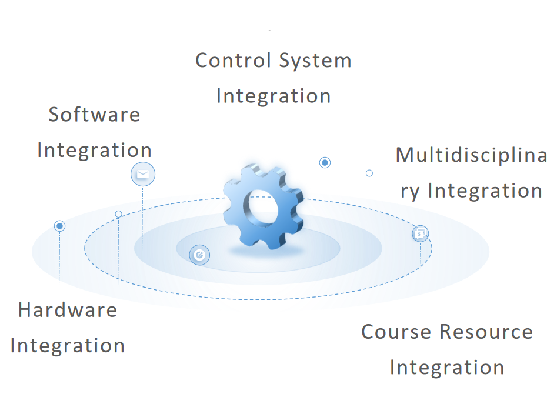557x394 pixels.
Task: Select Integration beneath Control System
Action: (x=274, y=95)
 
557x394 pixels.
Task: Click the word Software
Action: (x=94, y=114)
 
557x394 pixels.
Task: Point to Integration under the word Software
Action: (x=94, y=150)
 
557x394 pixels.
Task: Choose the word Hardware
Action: (x=68, y=310)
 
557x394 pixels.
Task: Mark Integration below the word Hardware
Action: (x=68, y=346)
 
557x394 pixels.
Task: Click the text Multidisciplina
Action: (x=471, y=155)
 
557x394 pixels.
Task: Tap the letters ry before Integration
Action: (x=410, y=191)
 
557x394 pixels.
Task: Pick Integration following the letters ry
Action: (x=485, y=191)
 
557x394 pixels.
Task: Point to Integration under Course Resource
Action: (x=447, y=368)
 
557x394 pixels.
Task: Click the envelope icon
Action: (x=142, y=174)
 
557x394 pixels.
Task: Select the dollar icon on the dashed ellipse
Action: (x=420, y=233)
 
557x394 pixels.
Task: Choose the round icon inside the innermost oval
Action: (x=199, y=255)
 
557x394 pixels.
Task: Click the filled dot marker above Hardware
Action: (x=59, y=226)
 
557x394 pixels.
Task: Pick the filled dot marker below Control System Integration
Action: (x=325, y=162)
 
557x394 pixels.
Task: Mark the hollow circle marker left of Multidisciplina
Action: (x=369, y=173)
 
